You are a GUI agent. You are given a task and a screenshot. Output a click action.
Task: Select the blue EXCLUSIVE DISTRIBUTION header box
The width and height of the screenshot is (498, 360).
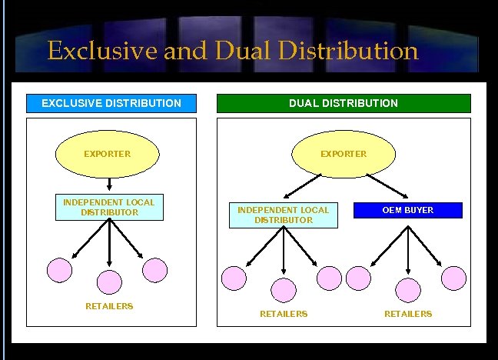click(111, 103)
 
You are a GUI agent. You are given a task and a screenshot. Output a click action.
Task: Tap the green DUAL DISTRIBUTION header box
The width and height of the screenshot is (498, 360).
click(343, 103)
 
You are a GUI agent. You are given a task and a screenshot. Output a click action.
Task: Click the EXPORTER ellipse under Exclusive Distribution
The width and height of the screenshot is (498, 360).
click(107, 154)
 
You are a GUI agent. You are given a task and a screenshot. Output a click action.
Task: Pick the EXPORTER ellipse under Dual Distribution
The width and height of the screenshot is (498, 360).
click(344, 154)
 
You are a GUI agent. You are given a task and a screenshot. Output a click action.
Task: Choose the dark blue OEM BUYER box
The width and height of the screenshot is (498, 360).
click(408, 210)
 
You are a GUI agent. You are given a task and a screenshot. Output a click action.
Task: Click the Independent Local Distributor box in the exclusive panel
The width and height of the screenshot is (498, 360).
click(109, 208)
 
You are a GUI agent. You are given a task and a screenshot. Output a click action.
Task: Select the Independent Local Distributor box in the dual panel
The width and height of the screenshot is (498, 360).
click(284, 215)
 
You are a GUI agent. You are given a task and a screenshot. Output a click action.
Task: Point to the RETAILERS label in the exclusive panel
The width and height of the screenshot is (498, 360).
click(109, 306)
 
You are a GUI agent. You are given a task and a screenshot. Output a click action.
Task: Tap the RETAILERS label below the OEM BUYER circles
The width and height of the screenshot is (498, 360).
click(408, 314)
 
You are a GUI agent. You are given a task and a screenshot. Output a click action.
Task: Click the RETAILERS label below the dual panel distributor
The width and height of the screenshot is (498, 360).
click(284, 314)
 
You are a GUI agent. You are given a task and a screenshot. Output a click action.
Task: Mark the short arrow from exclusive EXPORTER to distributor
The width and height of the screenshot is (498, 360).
click(110, 185)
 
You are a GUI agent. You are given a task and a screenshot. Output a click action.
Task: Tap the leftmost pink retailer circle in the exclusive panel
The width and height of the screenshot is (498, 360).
click(60, 269)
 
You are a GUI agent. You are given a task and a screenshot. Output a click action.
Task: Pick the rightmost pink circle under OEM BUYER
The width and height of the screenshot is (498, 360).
click(453, 278)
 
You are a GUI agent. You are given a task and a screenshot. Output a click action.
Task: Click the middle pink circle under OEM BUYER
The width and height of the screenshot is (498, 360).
click(408, 290)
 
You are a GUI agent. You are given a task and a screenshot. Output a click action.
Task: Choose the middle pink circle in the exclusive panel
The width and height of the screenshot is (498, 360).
click(109, 282)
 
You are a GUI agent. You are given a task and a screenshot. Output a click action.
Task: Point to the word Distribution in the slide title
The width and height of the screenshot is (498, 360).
click(350, 52)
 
